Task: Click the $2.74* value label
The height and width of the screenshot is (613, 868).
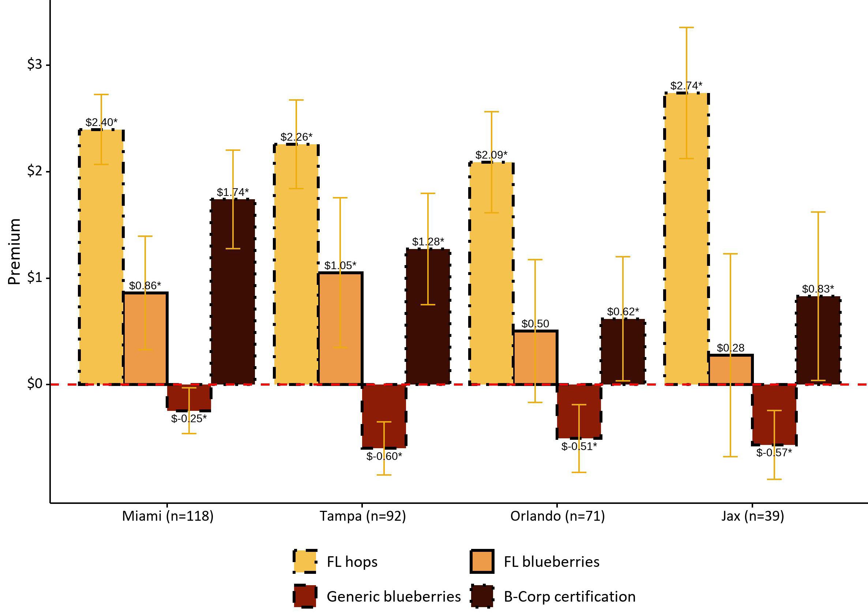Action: pyautogui.click(x=686, y=86)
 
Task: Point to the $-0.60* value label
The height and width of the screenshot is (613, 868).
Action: pyautogui.click(x=384, y=456)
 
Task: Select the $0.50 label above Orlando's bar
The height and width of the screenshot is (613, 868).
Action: pyautogui.click(x=535, y=324)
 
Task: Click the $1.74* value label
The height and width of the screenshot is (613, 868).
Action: pyautogui.click(x=233, y=192)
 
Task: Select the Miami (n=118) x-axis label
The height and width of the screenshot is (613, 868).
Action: pyautogui.click(x=168, y=516)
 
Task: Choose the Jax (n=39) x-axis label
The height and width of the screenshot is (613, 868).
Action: pyautogui.click(x=752, y=516)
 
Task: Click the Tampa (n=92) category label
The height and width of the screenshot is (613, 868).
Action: pyautogui.click(x=362, y=516)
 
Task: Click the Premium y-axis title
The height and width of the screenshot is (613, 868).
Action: pyautogui.click(x=14, y=251)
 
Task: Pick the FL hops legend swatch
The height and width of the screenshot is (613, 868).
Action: pyautogui.click(x=305, y=561)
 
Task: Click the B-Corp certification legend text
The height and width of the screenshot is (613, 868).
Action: pyautogui.click(x=570, y=597)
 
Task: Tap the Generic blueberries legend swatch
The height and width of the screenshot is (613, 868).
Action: pyautogui.click(x=305, y=597)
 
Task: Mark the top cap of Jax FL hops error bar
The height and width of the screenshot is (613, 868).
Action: pyautogui.click(x=686, y=27)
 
